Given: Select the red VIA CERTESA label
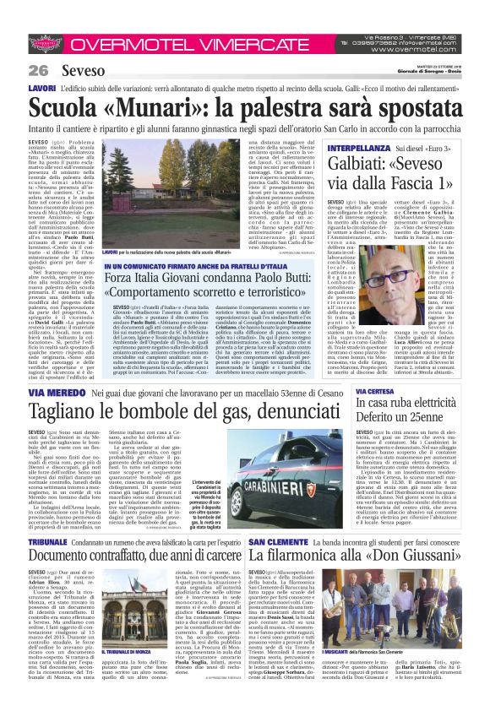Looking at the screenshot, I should (x=375, y=392).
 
